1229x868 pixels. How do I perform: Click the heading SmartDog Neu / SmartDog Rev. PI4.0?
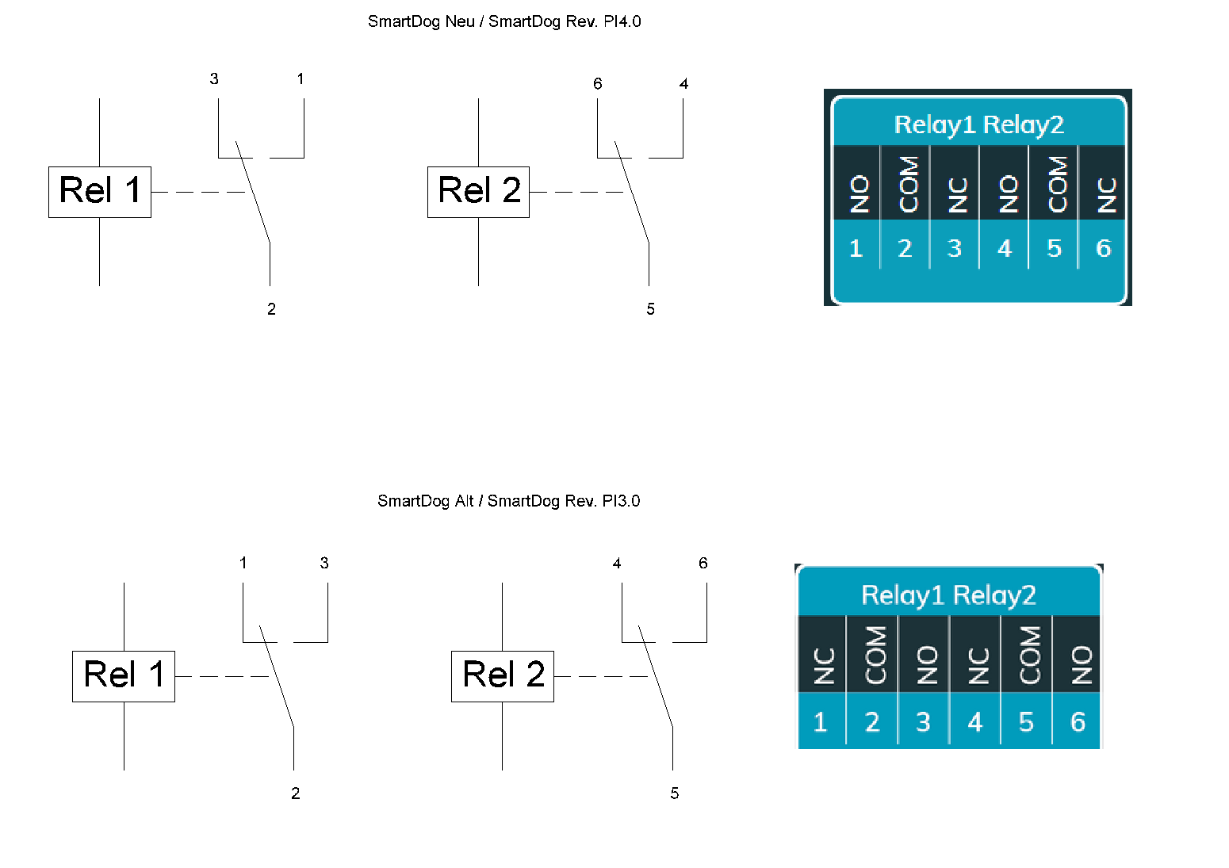[504, 21]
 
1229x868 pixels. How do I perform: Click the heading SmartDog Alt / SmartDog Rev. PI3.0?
[508, 501]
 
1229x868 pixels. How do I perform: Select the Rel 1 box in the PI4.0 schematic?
[100, 192]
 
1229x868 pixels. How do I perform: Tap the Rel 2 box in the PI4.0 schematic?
[478, 192]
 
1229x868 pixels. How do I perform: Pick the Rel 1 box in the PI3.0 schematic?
[124, 676]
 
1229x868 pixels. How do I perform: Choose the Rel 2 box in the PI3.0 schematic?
[503, 676]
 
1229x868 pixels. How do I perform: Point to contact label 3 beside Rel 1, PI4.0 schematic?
[214, 78]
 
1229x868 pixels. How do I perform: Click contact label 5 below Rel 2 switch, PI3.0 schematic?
[674, 793]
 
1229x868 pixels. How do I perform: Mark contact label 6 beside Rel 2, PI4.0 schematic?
[598, 83]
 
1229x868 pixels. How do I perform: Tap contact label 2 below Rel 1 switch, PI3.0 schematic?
[295, 793]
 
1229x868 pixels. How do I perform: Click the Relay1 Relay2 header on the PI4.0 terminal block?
[978, 124]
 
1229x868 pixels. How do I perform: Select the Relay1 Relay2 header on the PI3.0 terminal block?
[948, 595]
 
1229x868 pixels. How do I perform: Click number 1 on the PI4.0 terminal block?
[856, 248]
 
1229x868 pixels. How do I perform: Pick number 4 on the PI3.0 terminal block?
[975, 721]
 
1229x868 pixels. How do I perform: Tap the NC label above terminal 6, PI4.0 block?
[1105, 194]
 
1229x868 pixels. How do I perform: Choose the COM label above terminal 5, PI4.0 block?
[1056, 184]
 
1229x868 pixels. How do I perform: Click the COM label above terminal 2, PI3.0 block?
[874, 655]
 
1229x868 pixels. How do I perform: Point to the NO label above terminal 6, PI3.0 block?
[1080, 664]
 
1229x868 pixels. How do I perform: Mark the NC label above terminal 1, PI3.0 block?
[823, 665]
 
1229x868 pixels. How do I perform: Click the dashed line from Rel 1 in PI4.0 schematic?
[198, 192]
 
